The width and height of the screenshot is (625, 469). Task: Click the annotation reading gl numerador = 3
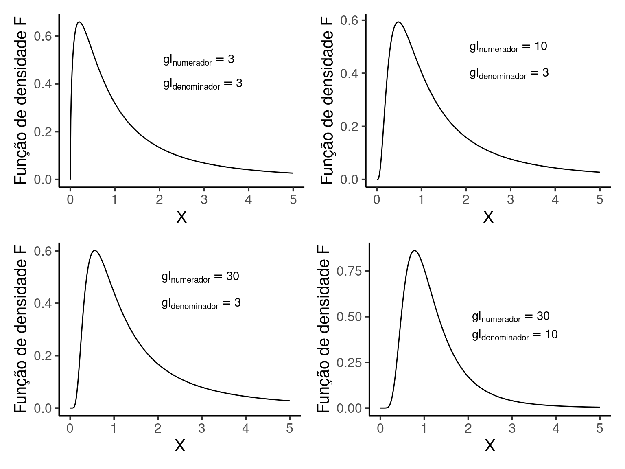[199, 60]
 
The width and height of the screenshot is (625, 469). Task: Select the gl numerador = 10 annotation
[508, 47]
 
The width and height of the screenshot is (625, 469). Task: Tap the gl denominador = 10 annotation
[515, 335]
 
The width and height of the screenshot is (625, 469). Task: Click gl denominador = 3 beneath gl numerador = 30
[201, 303]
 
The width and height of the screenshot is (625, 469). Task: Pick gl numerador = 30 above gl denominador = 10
[511, 316]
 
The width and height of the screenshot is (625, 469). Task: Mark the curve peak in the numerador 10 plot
[398, 22]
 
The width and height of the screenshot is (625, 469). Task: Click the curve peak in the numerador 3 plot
[79, 22]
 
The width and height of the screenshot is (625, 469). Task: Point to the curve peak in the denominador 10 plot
[414, 250]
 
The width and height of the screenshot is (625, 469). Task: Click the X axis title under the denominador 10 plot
[490, 446]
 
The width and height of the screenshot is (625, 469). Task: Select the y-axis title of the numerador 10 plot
[327, 100]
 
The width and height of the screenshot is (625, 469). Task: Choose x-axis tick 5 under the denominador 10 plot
[599, 428]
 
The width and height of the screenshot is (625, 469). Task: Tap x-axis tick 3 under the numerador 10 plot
[510, 199]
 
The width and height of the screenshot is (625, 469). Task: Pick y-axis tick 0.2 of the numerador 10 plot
[349, 127]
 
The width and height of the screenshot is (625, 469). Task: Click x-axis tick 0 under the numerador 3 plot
[70, 199]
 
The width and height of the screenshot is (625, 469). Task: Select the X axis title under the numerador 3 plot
[181, 217]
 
